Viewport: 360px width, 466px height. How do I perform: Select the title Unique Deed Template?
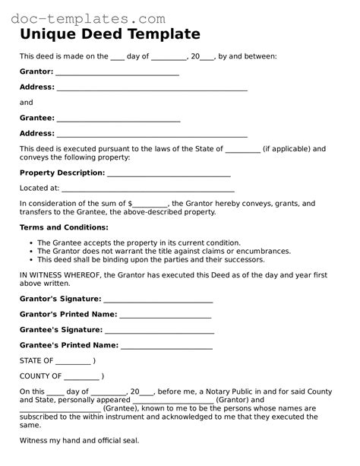[x=110, y=35]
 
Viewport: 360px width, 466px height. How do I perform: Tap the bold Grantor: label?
[x=36, y=71]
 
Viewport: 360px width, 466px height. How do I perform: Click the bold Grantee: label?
[x=36, y=118]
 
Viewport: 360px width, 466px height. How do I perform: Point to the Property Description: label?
[x=62, y=173]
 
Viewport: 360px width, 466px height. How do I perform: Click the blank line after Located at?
[x=147, y=188]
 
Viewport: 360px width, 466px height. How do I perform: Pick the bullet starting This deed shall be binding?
[x=150, y=259]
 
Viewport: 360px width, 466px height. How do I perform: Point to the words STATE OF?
[x=36, y=360]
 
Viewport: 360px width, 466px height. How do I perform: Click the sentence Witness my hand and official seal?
[x=79, y=440]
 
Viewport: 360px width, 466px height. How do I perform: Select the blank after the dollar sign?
[x=150, y=204]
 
